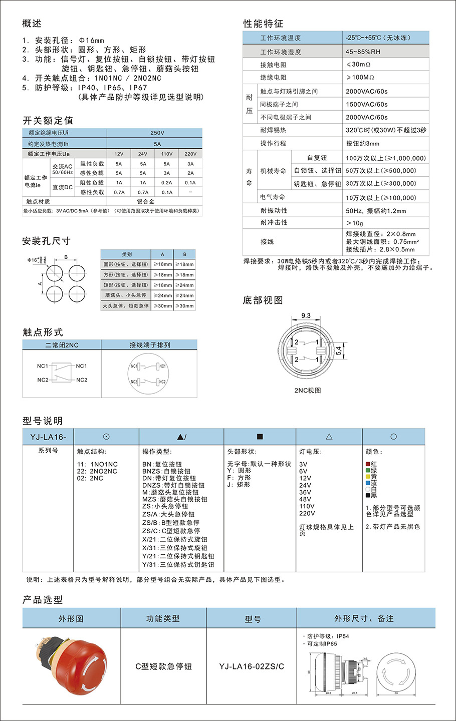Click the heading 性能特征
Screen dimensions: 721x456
(263, 24)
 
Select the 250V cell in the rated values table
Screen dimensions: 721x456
(157, 133)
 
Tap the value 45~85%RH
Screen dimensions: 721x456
(363, 52)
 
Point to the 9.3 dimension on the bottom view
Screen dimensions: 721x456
(306, 315)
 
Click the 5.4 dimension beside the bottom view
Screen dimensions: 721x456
(339, 351)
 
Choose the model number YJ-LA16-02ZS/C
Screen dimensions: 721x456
(252, 666)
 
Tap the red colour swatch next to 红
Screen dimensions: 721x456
(368, 464)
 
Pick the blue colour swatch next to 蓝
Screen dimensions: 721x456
(368, 483)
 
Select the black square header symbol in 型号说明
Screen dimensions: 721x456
(260, 437)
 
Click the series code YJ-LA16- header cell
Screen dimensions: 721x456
(48, 437)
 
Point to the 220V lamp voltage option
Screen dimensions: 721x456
(307, 513)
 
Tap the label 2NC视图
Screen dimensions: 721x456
(307, 391)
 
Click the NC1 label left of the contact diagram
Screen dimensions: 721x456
(43, 366)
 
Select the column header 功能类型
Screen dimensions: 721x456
(163, 619)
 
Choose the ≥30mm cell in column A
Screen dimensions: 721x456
(162, 306)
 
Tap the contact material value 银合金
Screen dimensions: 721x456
(146, 201)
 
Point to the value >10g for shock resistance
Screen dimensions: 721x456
(354, 223)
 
